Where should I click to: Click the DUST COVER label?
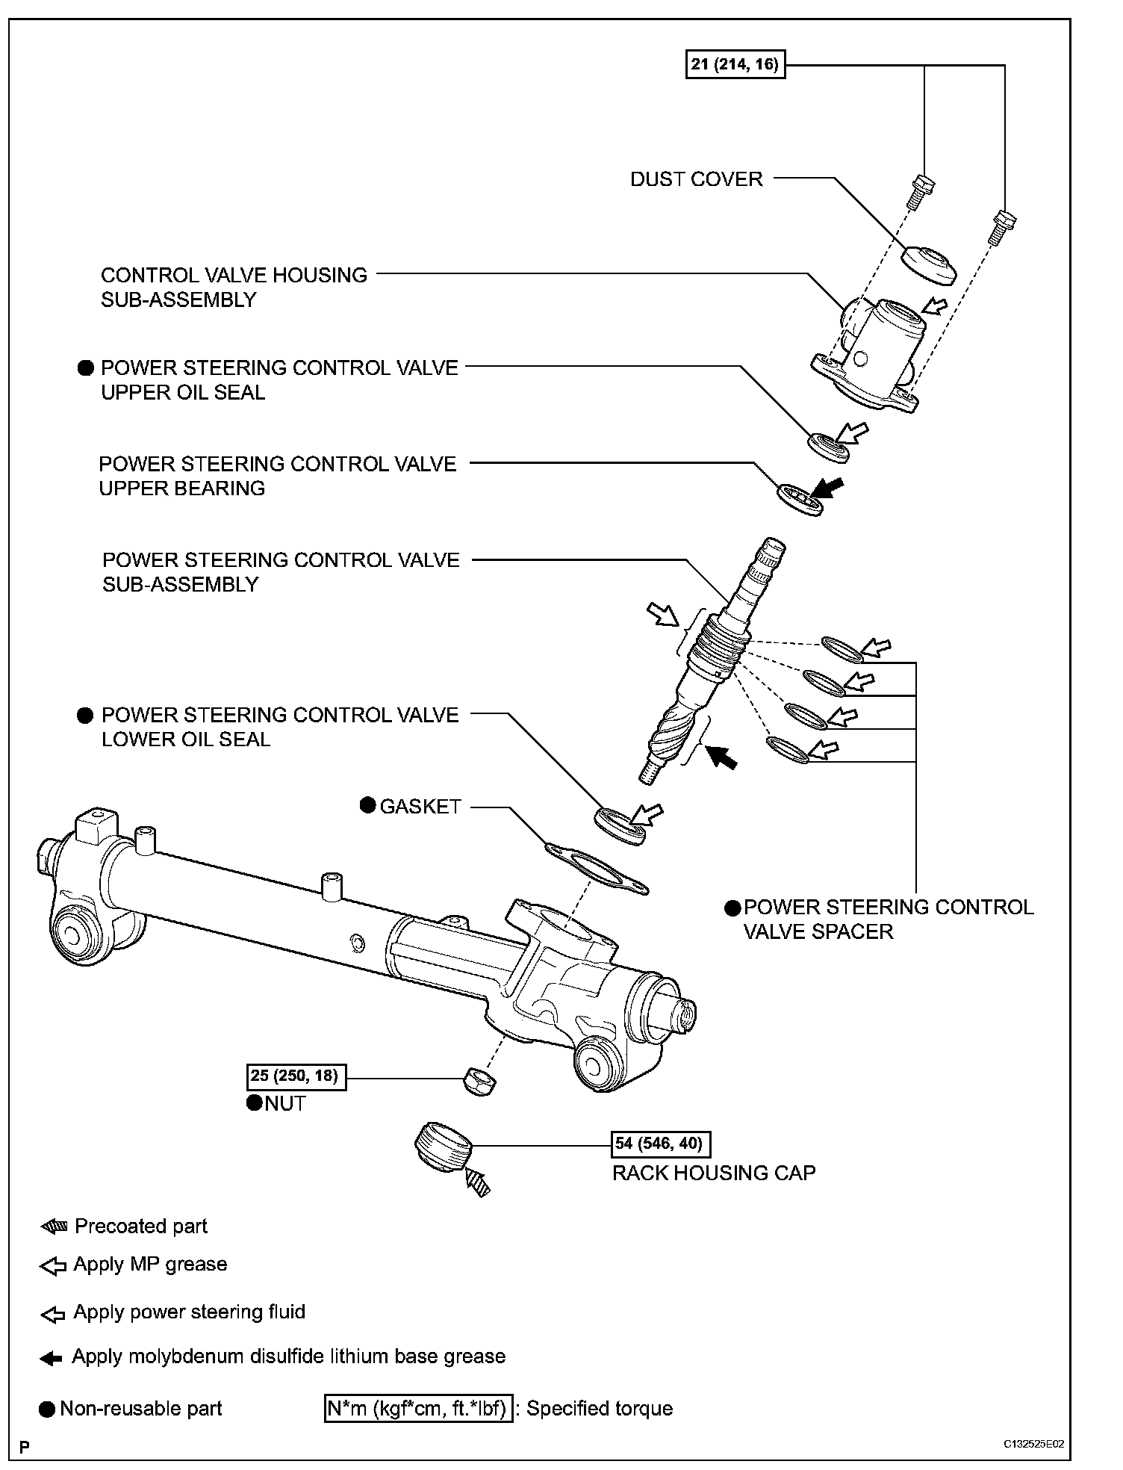click(x=696, y=179)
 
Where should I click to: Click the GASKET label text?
click(x=420, y=807)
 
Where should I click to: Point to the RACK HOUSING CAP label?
click(x=713, y=1173)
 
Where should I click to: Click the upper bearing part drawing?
click(x=800, y=500)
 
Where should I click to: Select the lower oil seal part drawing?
click(x=620, y=826)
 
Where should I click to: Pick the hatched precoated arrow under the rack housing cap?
click(x=476, y=1182)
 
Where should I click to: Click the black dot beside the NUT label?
click(x=255, y=1102)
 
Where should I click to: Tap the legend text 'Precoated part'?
click(x=141, y=1226)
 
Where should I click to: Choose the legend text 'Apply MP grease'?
click(x=150, y=1264)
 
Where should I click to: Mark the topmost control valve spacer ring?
click(x=842, y=648)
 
